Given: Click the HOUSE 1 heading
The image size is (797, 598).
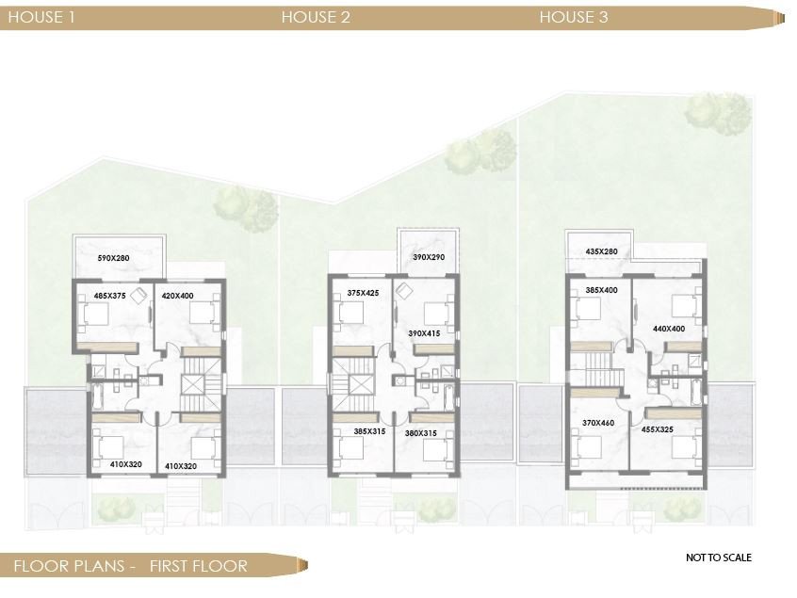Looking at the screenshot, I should pyautogui.click(x=41, y=17).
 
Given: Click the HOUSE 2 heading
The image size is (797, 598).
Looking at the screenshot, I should pyautogui.click(x=316, y=17).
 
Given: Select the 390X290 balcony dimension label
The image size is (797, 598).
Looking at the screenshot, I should pyautogui.click(x=430, y=257).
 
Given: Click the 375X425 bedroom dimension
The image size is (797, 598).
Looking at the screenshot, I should pyautogui.click(x=363, y=293).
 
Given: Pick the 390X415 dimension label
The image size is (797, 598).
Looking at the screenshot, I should pyautogui.click(x=424, y=334).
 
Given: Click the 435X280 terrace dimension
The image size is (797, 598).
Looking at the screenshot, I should pyautogui.click(x=601, y=251).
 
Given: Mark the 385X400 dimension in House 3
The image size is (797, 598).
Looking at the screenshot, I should pyautogui.click(x=601, y=290).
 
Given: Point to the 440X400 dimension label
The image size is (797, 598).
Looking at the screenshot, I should pyautogui.click(x=670, y=329).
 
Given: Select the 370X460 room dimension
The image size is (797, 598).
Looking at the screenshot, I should pyautogui.click(x=599, y=424).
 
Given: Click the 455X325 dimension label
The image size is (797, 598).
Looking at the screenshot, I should pyautogui.click(x=669, y=428).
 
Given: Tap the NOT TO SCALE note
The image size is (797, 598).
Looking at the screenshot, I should pyautogui.click(x=719, y=558).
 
